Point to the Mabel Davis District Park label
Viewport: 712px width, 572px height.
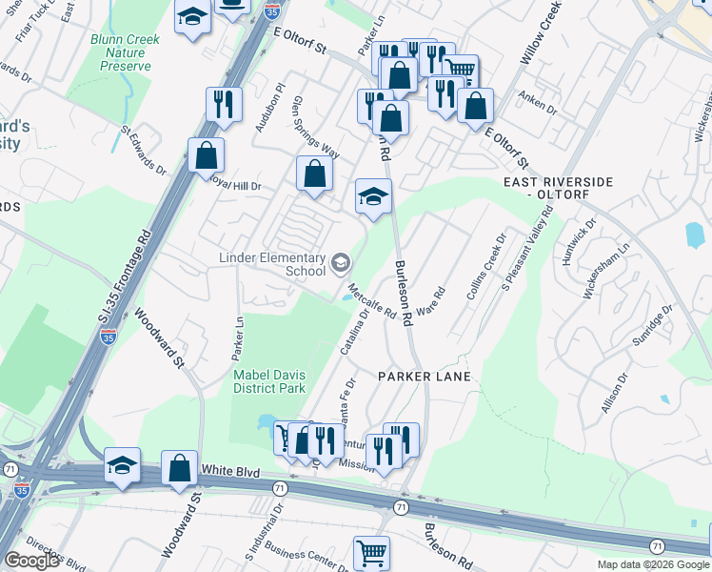269,382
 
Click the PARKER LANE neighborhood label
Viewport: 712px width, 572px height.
424,378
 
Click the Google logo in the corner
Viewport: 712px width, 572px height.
31,561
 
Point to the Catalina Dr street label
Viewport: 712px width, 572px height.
353,339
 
